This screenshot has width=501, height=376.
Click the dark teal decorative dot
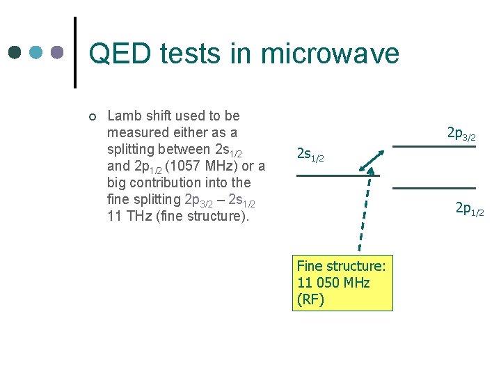coord(15,52)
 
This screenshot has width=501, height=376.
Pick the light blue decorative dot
coord(37,52)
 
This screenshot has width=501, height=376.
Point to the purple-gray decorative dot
coord(58,52)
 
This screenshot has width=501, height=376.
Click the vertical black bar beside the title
coord(75,52)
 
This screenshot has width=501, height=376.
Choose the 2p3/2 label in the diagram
coord(461,134)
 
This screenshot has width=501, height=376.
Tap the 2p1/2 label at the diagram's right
coord(470,208)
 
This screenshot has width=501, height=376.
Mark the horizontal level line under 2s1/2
coord(328,175)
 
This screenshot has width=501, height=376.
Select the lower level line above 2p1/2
coord(434,188)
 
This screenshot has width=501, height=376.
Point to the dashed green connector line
coord(364,212)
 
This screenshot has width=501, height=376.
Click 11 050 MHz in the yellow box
coord(333,283)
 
